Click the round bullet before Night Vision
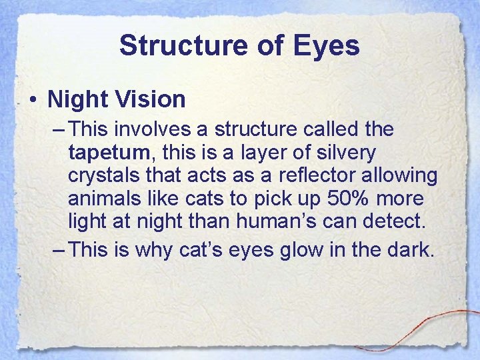(33, 100)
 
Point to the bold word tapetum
(109, 153)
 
